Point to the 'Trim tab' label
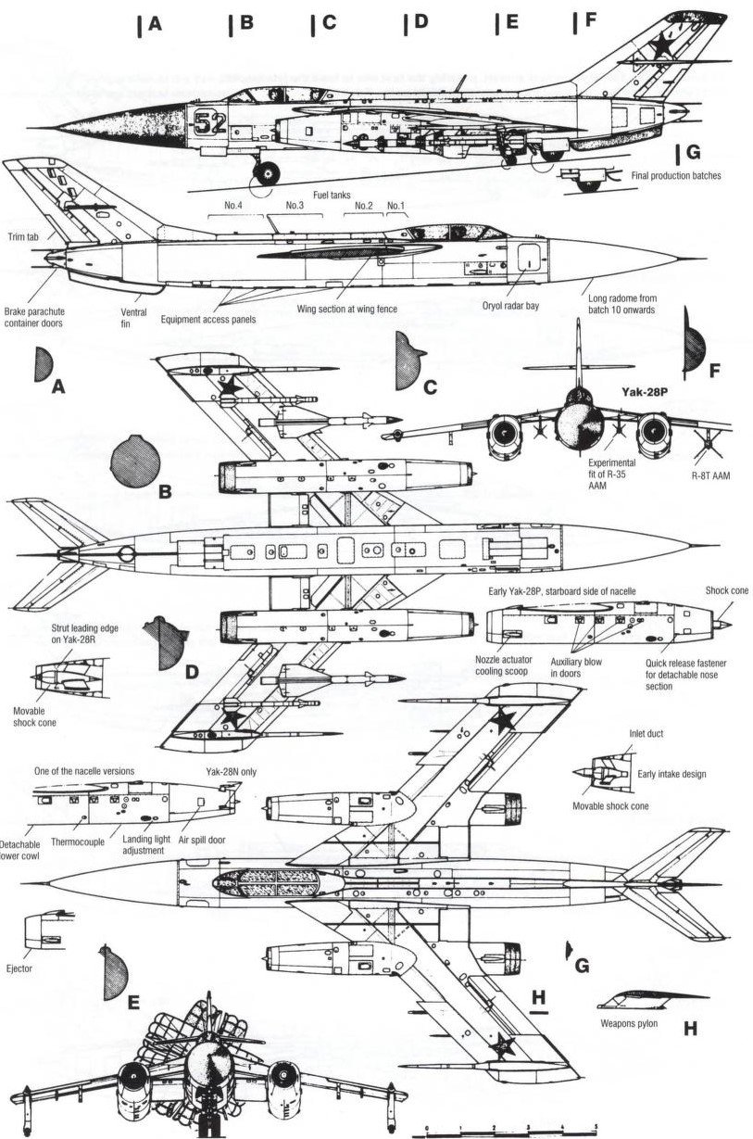pyautogui.click(x=22, y=237)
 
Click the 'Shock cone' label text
pyautogui.click(x=727, y=591)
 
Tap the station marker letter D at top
pyautogui.click(x=420, y=22)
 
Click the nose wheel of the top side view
pyautogui.click(x=268, y=172)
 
